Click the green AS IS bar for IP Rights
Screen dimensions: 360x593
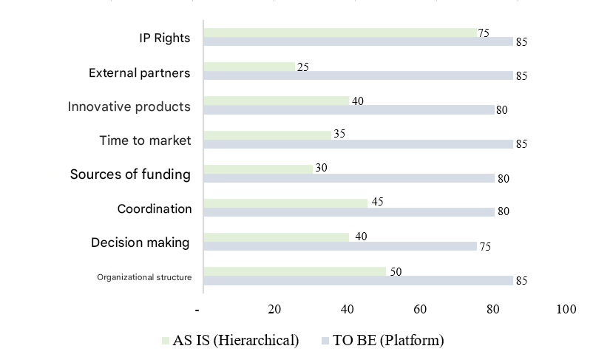(340, 33)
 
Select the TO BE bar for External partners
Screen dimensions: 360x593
(358, 75)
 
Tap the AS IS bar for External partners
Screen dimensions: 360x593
(249, 67)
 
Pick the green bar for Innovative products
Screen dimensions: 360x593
(277, 101)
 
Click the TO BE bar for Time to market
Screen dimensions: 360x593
(358, 144)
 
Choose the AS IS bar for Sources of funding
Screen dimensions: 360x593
(258, 169)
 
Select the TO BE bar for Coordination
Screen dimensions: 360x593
(349, 212)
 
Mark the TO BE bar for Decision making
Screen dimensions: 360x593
(340, 246)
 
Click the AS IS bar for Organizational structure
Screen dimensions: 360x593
(294, 271)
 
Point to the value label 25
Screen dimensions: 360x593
(302, 67)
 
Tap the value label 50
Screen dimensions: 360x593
(396, 272)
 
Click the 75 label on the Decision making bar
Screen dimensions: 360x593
(485, 247)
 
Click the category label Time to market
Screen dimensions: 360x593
(145, 140)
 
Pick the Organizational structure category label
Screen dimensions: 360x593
(144, 277)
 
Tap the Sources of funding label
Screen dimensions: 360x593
(130, 174)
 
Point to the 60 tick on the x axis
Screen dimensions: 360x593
(420, 309)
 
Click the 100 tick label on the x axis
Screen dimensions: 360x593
(566, 309)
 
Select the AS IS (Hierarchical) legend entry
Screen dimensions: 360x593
(230, 341)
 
